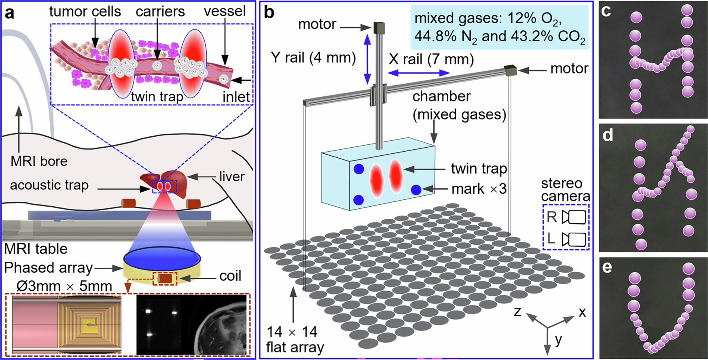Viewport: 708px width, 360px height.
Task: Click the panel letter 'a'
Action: pyautogui.click(x=9, y=13)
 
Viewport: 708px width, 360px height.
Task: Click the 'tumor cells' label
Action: pyautogui.click(x=85, y=11)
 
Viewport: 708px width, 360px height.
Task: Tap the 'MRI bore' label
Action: pyautogui.click(x=39, y=161)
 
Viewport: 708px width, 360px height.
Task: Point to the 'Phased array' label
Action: pyautogui.click(x=48, y=268)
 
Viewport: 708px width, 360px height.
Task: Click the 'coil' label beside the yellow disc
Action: pyautogui.click(x=230, y=276)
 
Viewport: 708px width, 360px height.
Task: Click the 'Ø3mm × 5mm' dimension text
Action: pyautogui.click(x=64, y=286)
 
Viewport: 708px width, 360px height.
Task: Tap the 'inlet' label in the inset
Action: pyautogui.click(x=236, y=97)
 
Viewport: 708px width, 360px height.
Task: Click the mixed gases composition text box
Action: pyautogui.click(x=500, y=28)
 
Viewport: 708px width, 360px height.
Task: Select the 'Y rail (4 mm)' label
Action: pyautogui.click(x=314, y=58)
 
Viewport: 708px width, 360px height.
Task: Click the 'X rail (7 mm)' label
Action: pyautogui.click(x=431, y=59)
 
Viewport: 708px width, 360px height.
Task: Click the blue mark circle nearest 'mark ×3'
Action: pyautogui.click(x=416, y=190)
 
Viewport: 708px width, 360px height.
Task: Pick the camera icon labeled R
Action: pyautogui.click(x=574, y=217)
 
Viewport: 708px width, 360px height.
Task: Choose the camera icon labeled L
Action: pyautogui.click(x=574, y=239)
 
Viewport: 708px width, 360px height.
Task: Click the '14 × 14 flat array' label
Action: pyautogui.click(x=295, y=340)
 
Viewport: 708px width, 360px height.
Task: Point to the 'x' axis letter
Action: pyautogui.click(x=582, y=312)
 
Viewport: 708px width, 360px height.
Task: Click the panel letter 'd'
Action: pyautogui.click(x=608, y=135)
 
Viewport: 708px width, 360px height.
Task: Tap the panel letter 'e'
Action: pyautogui.click(x=607, y=267)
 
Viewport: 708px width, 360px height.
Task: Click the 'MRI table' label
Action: pyautogui.click(x=36, y=248)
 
